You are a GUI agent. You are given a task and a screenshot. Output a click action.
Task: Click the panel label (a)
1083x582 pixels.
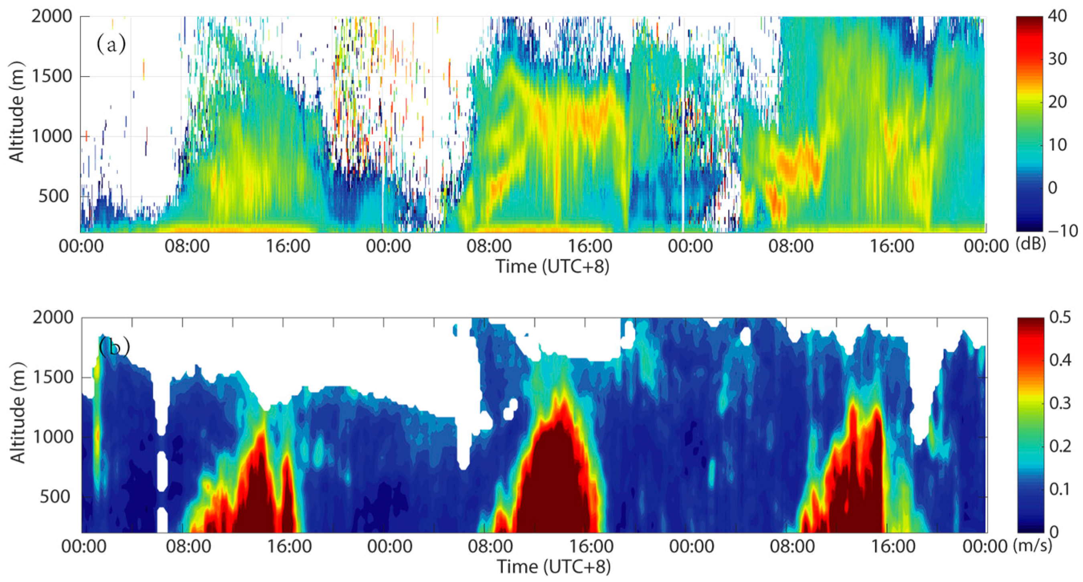(x=111, y=44)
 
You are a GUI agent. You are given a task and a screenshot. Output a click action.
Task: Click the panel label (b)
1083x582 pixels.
(x=114, y=347)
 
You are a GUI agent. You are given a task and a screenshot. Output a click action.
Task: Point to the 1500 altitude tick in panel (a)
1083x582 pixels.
(x=52, y=77)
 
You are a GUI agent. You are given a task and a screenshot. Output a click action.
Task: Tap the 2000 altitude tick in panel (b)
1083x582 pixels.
(x=53, y=317)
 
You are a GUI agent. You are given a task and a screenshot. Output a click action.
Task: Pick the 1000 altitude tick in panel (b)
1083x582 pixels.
(x=53, y=437)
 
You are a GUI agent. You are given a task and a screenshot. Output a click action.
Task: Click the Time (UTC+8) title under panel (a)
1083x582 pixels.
(x=553, y=266)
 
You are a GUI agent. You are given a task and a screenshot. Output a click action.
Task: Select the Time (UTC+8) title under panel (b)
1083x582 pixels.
(x=553, y=566)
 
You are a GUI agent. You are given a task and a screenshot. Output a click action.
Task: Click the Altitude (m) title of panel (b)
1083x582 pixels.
(x=18, y=413)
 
